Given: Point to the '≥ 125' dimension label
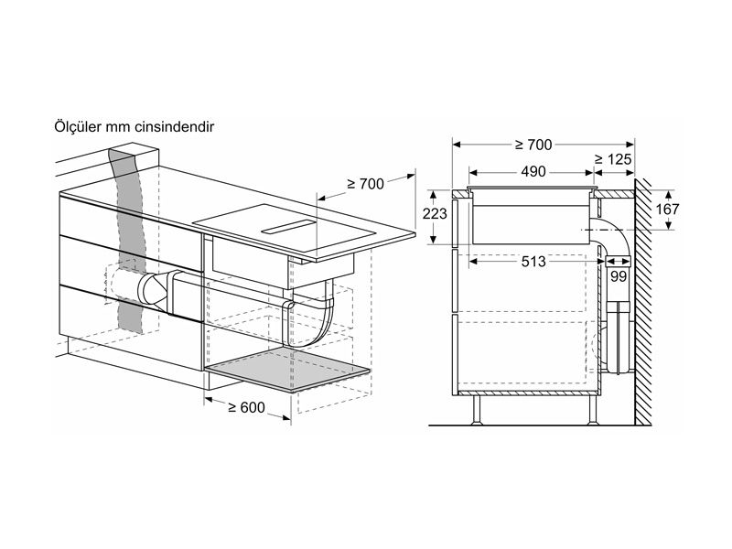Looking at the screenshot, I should point(612,160).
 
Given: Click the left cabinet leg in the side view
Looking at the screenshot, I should point(477,411).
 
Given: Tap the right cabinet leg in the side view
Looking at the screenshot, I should point(591,411).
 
